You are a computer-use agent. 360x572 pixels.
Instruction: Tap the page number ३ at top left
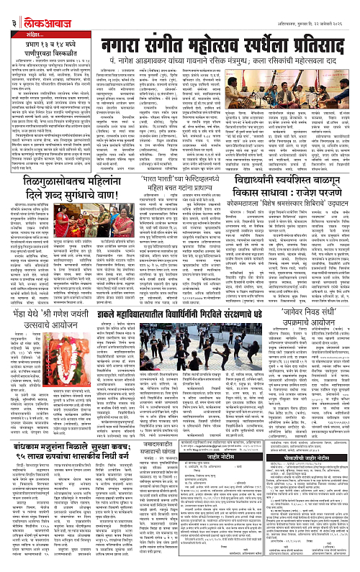point(6,11)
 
